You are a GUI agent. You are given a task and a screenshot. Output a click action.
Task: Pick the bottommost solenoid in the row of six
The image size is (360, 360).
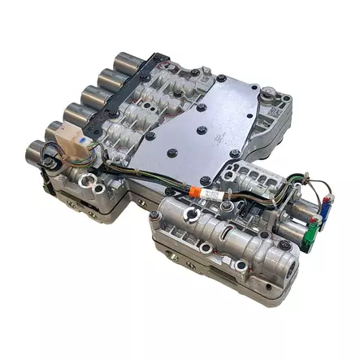click(40, 152)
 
